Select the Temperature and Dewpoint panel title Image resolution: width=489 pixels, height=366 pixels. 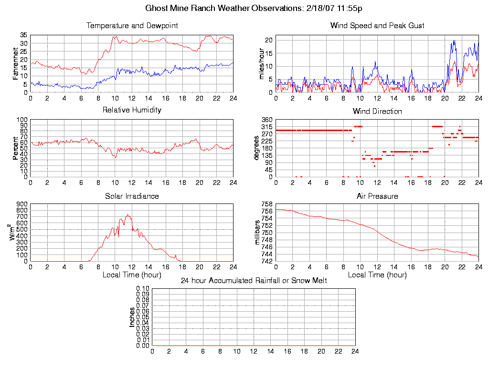[x=132, y=25]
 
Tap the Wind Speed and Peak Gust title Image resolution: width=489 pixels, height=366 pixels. [x=377, y=25]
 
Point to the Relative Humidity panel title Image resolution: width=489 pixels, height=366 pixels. [x=132, y=110]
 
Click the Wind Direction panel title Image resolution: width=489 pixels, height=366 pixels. [x=377, y=112]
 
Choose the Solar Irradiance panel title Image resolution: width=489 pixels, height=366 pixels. [x=132, y=196]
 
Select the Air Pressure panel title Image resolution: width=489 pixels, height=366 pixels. [x=377, y=196]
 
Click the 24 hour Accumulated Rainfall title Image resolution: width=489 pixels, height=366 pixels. [x=254, y=281]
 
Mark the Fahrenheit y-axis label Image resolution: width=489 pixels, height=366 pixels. [x=15, y=63]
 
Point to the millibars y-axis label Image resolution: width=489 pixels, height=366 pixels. [x=257, y=233]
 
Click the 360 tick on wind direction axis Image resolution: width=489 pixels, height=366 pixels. [x=266, y=120]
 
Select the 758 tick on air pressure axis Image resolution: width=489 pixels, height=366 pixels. [x=266, y=204]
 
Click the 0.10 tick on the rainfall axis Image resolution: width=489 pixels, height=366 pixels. [x=143, y=289]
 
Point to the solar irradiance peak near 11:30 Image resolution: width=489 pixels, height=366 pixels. [x=127, y=215]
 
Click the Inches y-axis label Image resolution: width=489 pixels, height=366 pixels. [x=132, y=317]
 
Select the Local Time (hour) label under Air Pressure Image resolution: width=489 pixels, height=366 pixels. [x=377, y=275]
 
